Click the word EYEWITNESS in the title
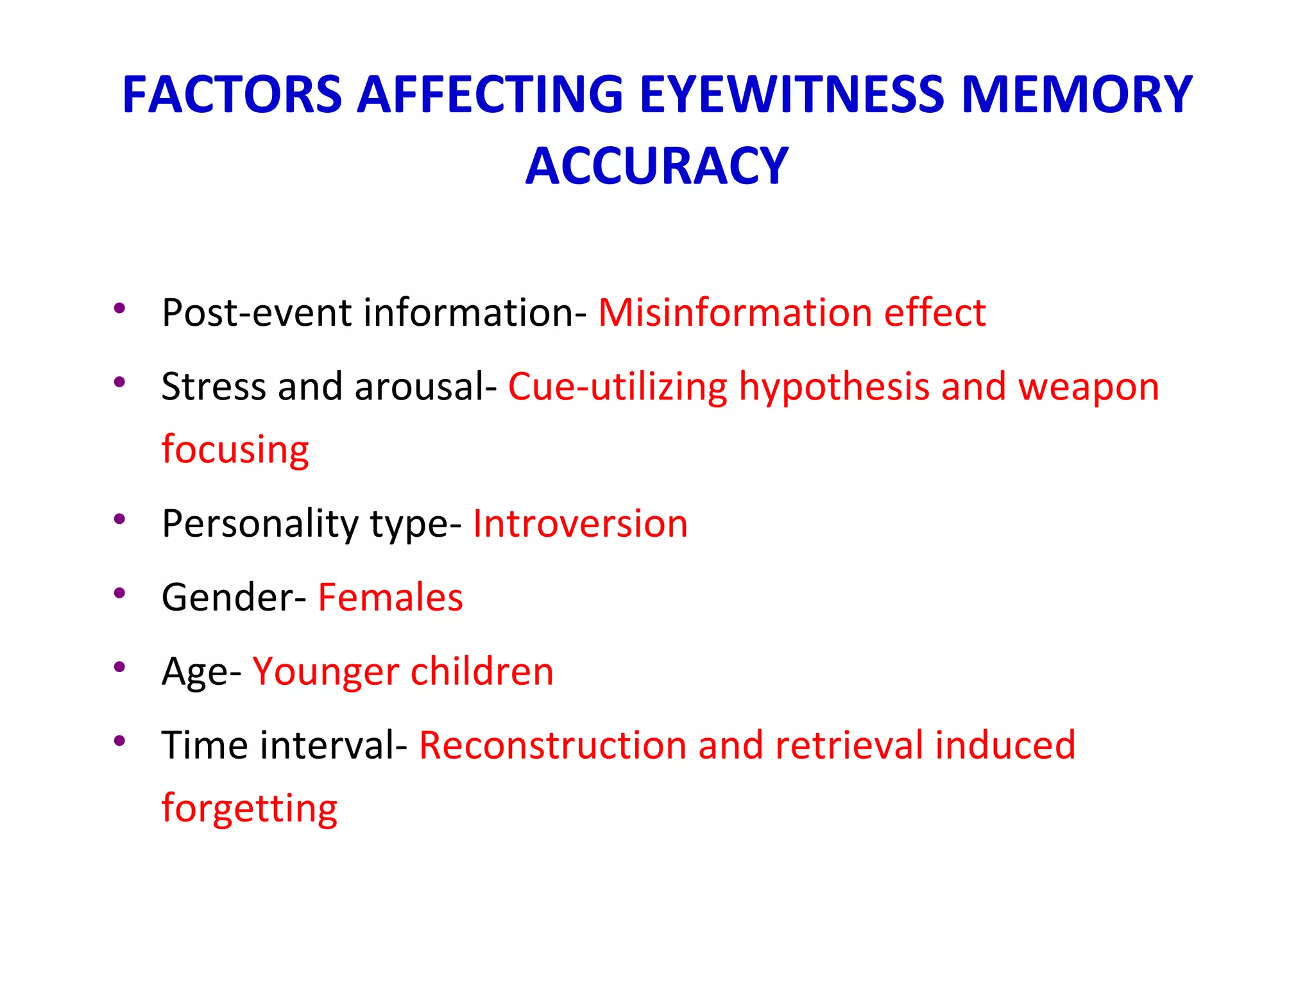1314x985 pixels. [792, 95]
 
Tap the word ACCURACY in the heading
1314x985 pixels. [656, 167]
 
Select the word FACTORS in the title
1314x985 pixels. [232, 95]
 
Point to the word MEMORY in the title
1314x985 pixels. [1077, 95]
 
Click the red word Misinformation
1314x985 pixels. [735, 313]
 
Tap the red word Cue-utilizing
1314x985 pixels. [617, 387]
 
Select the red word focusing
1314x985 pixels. [235, 450]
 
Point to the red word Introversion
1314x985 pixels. [580, 523]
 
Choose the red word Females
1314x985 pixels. [390, 598]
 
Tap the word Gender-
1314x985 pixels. [234, 598]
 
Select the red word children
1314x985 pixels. [482, 671]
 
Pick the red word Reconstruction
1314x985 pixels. [552, 745]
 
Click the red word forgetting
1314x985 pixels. [249, 809]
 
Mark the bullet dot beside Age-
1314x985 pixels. [119, 667]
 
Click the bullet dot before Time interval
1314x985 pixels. [119, 741]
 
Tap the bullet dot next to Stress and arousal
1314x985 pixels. [119, 382]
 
